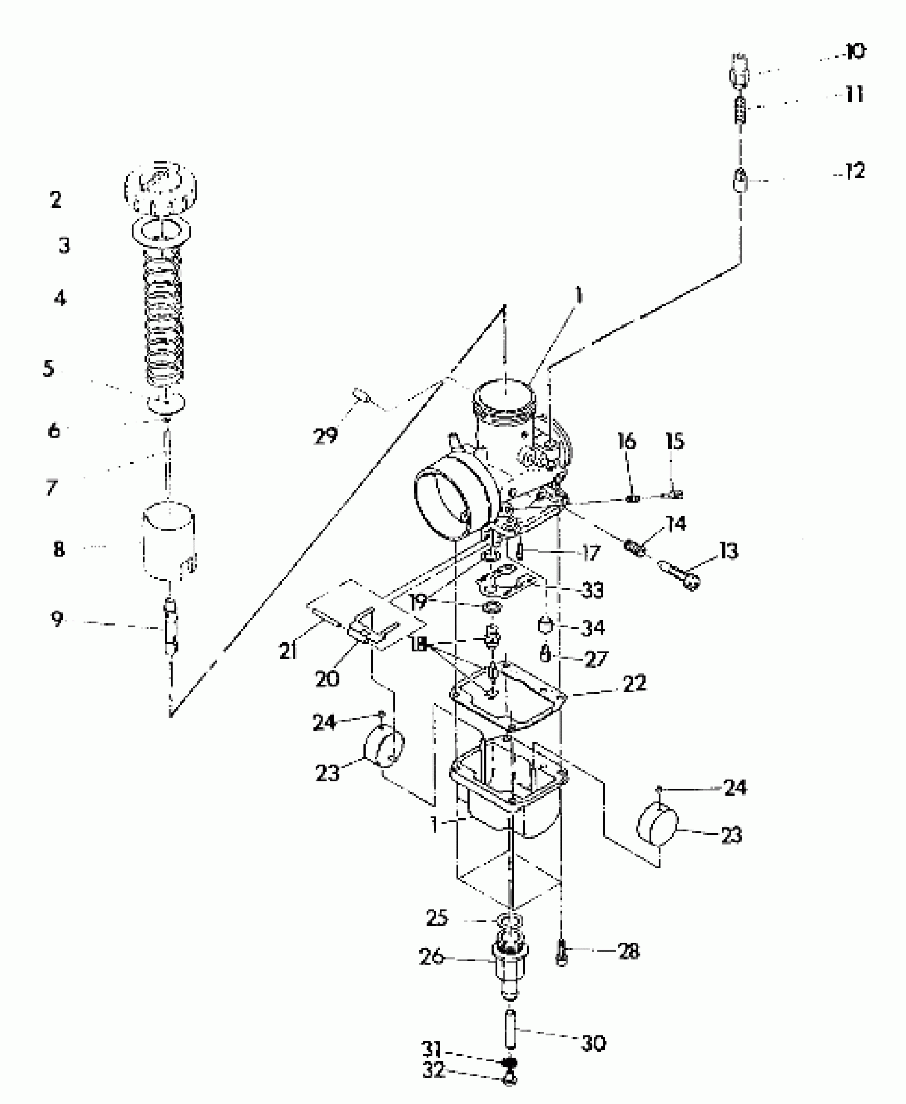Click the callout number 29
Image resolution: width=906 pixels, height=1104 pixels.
[326, 435]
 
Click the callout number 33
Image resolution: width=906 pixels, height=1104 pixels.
[592, 590]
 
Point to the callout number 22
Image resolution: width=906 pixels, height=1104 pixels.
[634, 684]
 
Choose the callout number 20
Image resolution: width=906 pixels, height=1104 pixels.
[327, 679]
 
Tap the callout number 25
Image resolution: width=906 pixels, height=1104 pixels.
[437, 918]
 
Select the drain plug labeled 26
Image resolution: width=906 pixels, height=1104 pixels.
[510, 963]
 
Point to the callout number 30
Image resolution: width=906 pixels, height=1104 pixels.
[593, 1043]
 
